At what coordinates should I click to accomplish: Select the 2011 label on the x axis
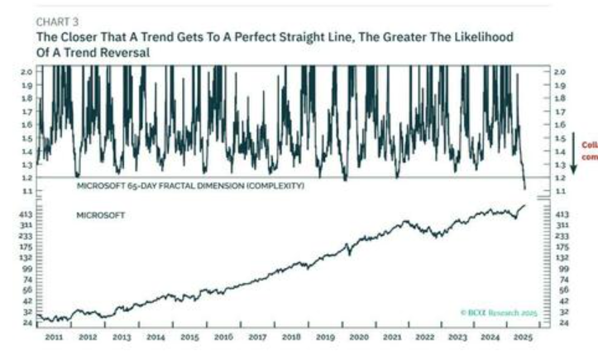[x=54, y=338]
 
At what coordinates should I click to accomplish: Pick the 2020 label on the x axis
[x=357, y=338]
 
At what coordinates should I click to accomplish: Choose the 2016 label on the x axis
[x=222, y=338]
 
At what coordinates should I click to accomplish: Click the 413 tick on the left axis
[x=25, y=214]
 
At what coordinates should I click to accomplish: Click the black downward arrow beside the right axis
[x=574, y=147]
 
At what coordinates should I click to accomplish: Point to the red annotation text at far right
[x=589, y=148]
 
